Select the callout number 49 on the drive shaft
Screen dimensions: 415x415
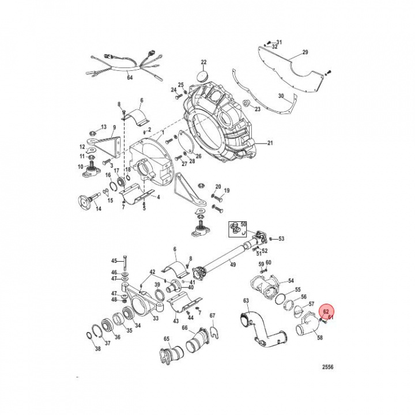[233, 265]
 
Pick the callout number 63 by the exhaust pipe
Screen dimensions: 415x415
[246, 300]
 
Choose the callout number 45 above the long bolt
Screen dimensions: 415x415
[114, 261]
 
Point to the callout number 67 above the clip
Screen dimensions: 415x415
[212, 315]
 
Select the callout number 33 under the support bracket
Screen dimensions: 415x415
[155, 318]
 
